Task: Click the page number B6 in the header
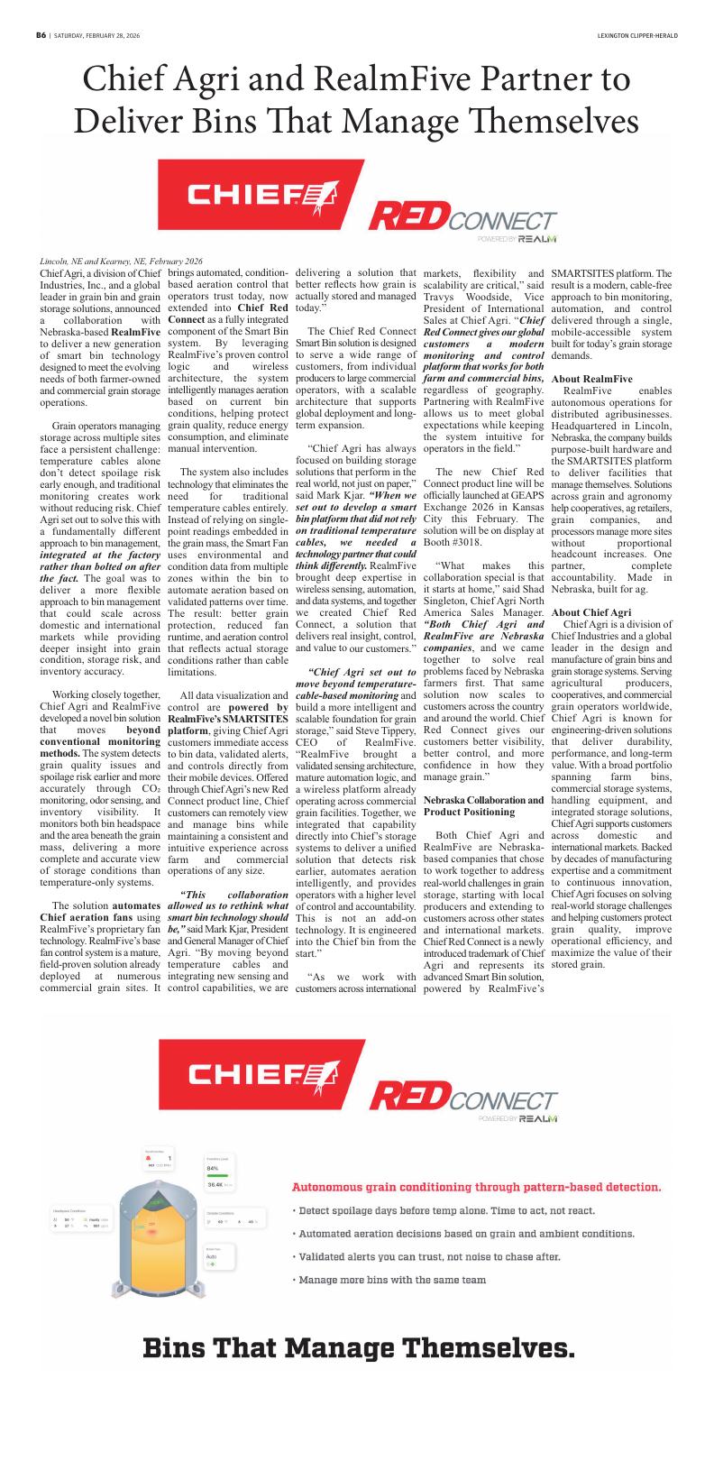click(41, 35)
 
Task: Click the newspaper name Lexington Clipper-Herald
click(636, 35)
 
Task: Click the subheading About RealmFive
click(591, 379)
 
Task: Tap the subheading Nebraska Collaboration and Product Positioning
click(483, 806)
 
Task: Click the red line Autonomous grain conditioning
click(476, 1187)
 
